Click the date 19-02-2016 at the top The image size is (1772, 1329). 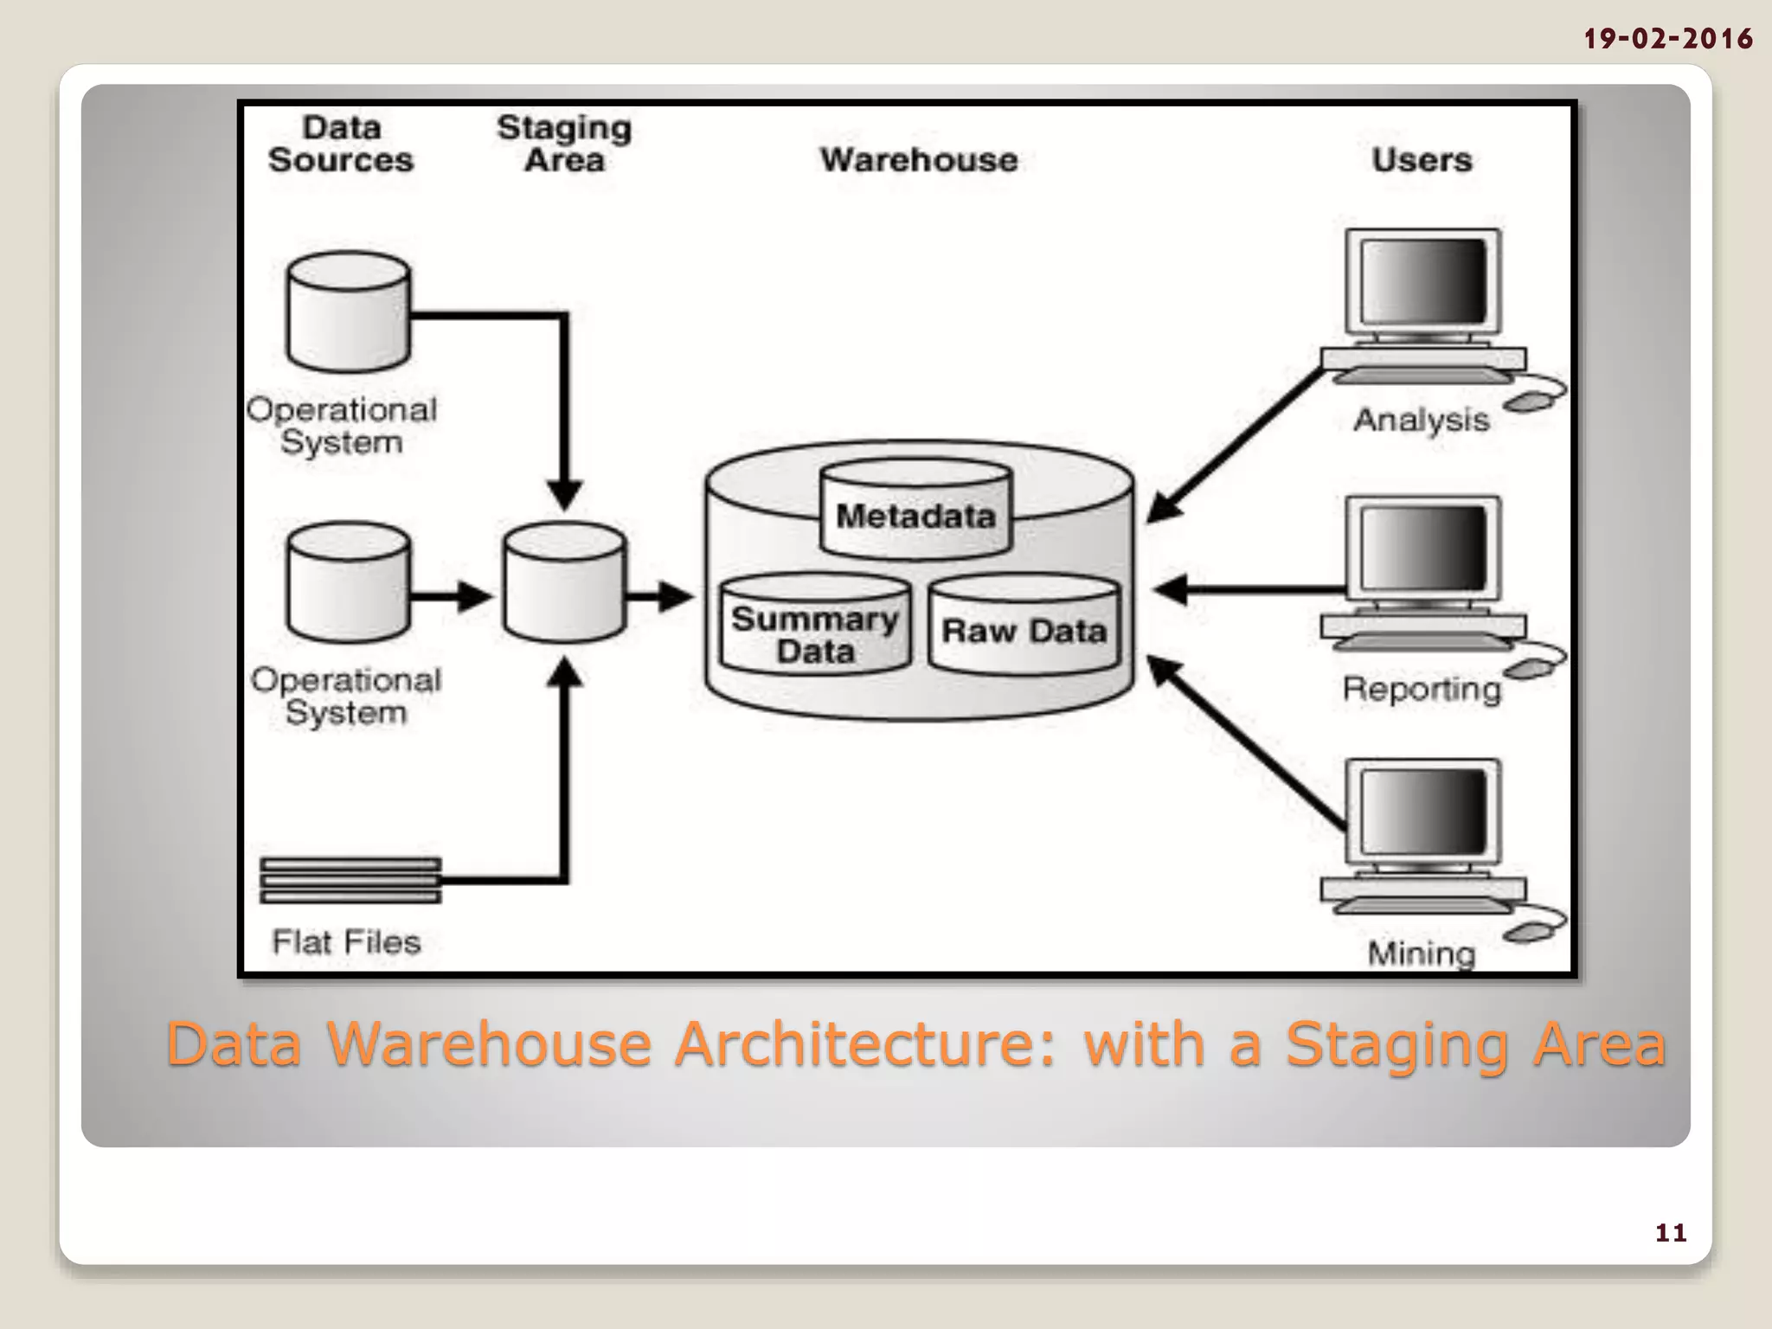(x=1667, y=39)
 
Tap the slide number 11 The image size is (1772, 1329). (x=1671, y=1232)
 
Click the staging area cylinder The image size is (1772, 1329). (x=564, y=584)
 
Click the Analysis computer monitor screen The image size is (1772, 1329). (x=1422, y=282)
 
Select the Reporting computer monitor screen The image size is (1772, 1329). (x=1422, y=549)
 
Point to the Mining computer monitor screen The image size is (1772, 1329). (x=1422, y=812)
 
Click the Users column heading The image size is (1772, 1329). (x=1422, y=160)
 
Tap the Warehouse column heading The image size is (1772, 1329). (x=919, y=160)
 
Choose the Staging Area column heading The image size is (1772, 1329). (x=564, y=144)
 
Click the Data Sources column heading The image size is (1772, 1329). (x=341, y=144)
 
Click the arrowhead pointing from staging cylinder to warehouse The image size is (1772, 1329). (x=676, y=596)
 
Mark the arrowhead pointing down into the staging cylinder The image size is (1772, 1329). (x=564, y=495)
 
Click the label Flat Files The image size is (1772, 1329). (x=346, y=941)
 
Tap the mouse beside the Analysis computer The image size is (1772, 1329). (x=1530, y=401)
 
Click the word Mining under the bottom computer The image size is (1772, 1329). (x=1421, y=953)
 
